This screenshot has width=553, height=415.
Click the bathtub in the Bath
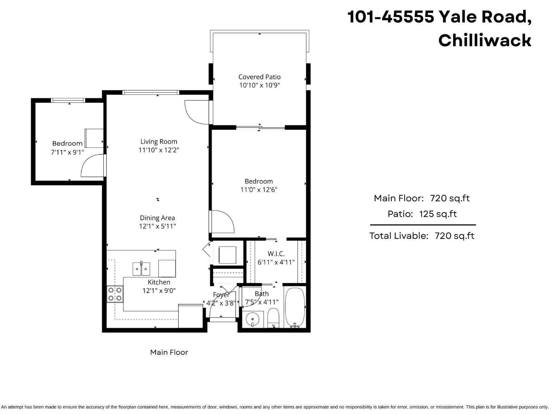295,307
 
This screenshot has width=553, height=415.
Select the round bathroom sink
253,319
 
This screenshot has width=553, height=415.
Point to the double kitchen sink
141,269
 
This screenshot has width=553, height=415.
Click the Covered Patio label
259,77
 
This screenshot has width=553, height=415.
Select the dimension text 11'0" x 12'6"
259,190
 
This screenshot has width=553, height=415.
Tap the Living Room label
159,141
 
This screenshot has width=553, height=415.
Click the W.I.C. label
276,254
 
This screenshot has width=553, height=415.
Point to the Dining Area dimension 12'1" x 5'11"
157,226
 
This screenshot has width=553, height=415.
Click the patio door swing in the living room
196,111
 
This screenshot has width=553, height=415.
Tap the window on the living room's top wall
151,92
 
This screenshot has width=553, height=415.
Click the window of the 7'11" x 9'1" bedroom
68,100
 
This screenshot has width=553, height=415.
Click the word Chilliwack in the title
485,40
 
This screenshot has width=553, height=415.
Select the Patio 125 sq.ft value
438,214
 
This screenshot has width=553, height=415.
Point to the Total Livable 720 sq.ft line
422,236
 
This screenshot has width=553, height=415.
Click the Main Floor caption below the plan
169,352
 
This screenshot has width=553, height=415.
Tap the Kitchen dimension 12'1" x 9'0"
159,290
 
